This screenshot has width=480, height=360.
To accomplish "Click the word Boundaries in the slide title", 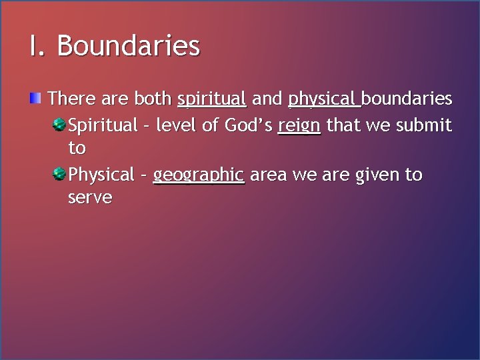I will pyautogui.click(x=128, y=46).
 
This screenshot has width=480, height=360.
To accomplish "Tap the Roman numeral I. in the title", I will pyautogui.click(x=37, y=46).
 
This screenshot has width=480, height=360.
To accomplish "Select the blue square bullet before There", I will pyautogui.click(x=35, y=99).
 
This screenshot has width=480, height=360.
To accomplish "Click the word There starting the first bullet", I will pyautogui.click(x=72, y=99).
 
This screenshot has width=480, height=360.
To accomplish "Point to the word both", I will pyautogui.click(x=153, y=99).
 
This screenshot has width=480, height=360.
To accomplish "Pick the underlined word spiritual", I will pyautogui.click(x=212, y=100).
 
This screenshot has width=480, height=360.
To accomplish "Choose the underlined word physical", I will pyautogui.click(x=323, y=100).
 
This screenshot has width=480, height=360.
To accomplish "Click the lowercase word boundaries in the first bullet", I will pyautogui.click(x=407, y=99).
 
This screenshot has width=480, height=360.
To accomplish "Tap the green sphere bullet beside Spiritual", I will pyautogui.click(x=59, y=123).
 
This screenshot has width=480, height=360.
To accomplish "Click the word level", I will pyautogui.click(x=178, y=125).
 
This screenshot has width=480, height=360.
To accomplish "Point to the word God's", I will pyautogui.click(x=249, y=125).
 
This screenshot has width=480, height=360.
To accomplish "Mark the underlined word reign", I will pyautogui.click(x=299, y=125).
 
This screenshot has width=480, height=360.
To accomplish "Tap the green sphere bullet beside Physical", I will pyautogui.click(x=59, y=173).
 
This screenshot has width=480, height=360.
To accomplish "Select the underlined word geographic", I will pyautogui.click(x=199, y=175).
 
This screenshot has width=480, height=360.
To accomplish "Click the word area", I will pyautogui.click(x=268, y=175).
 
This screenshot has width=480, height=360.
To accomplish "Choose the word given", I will pyautogui.click(x=373, y=175).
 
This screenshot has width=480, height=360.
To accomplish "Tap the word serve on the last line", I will pyautogui.click(x=90, y=198).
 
